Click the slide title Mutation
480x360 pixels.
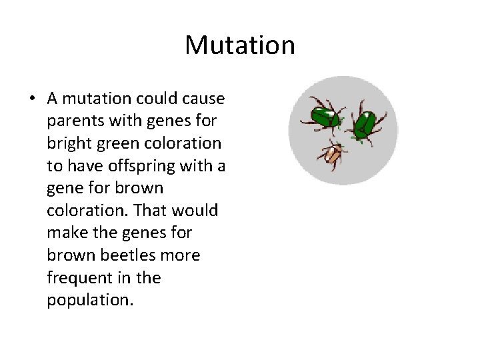click(239, 45)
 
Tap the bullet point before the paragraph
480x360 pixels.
click(31, 99)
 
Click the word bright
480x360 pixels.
click(67, 143)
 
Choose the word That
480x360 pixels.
click(150, 211)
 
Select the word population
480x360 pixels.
click(90, 300)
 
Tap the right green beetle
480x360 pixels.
click(364, 122)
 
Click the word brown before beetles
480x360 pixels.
click(69, 255)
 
